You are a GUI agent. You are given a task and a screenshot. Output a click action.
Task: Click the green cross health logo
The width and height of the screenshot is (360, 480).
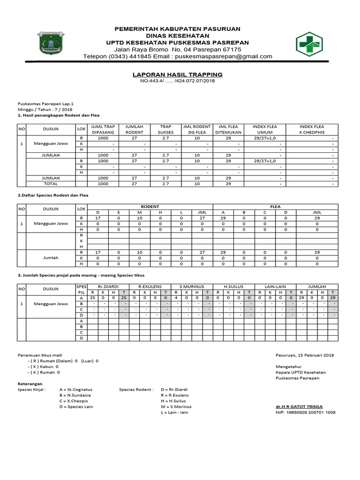pos(309,44)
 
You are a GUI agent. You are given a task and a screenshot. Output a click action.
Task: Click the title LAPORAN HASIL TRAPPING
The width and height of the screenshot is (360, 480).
pos(177,75)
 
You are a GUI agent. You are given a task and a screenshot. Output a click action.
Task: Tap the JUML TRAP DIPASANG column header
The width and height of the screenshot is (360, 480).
pos(103,129)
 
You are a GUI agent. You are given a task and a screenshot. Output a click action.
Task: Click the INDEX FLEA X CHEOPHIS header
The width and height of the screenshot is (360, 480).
pos(312,129)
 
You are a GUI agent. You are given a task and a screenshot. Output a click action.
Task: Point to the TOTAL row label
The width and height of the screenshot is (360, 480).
pos(50,184)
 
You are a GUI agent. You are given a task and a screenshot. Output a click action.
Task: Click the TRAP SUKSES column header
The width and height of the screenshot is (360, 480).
pos(165,129)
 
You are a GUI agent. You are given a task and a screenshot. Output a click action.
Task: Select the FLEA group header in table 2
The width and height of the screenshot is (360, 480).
pos(275,206)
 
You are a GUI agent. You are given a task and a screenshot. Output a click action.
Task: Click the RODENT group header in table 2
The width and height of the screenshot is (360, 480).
pos(150,206)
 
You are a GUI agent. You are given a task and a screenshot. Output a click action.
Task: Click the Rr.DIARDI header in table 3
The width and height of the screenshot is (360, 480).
pos(108,286)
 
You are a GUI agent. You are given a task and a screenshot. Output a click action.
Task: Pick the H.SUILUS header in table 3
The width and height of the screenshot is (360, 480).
pos(233,286)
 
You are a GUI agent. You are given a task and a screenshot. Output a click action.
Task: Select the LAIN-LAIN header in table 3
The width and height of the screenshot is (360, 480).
pos(275,286)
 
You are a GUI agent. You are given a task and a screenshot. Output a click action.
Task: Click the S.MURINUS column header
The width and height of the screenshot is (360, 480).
pos(192,286)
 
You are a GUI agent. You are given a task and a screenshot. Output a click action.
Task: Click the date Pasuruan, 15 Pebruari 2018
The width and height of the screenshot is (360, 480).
pos(305,355)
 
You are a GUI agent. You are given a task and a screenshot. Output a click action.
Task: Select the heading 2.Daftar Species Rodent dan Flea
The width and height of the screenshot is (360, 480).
pos(52,195)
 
